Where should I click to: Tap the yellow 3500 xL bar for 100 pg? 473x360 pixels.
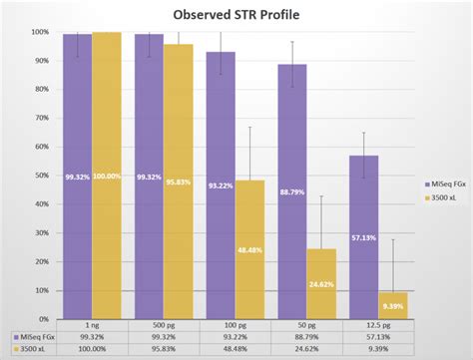tap(249, 249)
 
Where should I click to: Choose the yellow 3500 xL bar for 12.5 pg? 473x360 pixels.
tap(393, 305)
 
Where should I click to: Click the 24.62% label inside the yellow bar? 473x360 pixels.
tap(321, 284)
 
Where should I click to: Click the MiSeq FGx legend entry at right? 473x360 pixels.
tap(432, 182)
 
